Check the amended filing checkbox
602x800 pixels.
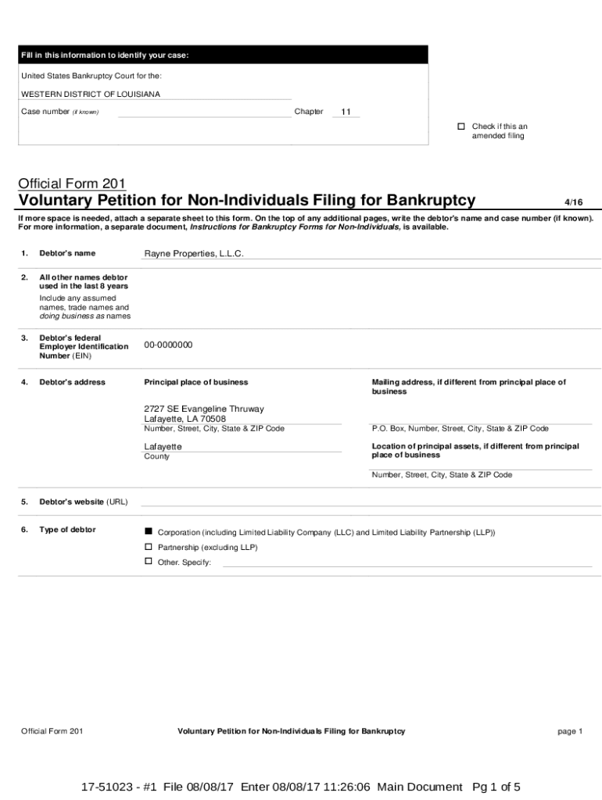coord(461,127)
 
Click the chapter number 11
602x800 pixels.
coord(345,112)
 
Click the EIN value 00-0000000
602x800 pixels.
coord(168,345)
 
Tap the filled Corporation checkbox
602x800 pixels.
coord(149,530)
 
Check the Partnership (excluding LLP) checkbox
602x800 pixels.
coord(149,547)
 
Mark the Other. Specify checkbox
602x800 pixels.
coord(149,562)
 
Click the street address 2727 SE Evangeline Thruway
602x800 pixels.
coord(204,409)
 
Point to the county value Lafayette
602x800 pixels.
coord(163,446)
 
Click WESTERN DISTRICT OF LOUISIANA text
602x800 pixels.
coord(91,95)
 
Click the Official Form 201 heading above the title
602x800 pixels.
coord(72,184)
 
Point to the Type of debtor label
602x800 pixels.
coord(67,530)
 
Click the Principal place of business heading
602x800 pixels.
coord(196,382)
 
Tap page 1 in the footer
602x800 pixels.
coord(570,731)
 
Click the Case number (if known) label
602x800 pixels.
coord(59,112)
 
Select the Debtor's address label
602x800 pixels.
coord(72,382)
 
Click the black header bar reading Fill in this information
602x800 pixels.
coord(223,55)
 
